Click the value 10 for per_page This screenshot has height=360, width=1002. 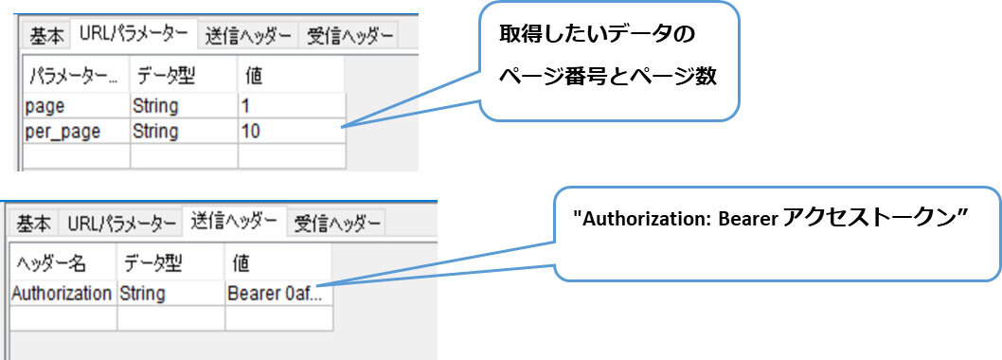pyautogui.click(x=251, y=131)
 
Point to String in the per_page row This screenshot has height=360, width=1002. pyautogui.click(x=155, y=131)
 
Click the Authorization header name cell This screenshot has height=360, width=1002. pyautogui.click(x=61, y=294)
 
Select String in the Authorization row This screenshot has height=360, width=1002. pyautogui.click(x=142, y=294)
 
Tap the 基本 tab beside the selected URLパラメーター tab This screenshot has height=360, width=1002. pyautogui.click(x=46, y=36)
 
